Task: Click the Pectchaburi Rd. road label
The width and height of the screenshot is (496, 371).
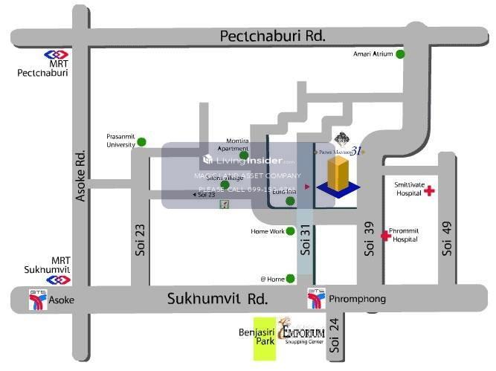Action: click(x=273, y=36)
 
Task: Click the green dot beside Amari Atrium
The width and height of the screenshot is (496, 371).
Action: click(x=400, y=54)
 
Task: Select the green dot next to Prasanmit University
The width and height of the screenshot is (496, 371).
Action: click(x=141, y=141)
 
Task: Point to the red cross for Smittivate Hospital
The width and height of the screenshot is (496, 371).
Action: click(x=429, y=192)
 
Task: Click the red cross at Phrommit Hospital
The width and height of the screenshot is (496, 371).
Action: click(x=385, y=236)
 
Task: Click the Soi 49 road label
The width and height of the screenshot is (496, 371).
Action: click(x=447, y=239)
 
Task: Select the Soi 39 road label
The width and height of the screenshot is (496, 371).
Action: click(x=369, y=239)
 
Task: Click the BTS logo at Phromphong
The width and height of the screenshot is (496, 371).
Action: click(x=315, y=300)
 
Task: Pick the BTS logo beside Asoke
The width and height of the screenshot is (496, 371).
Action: click(x=37, y=299)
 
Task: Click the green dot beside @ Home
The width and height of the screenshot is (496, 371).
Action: click(x=290, y=279)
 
